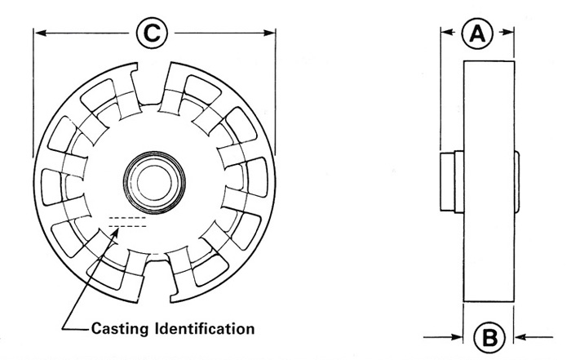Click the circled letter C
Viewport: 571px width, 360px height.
pyautogui.click(x=152, y=33)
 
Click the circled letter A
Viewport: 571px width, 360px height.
pyautogui.click(x=477, y=33)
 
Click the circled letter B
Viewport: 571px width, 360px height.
pyautogui.click(x=489, y=338)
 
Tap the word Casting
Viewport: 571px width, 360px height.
pyautogui.click(x=120, y=329)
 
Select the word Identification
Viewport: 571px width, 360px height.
pyautogui.click(x=205, y=328)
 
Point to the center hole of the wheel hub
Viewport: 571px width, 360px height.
pyautogui.click(x=154, y=183)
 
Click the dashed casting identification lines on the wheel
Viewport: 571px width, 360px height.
pyautogui.click(x=127, y=222)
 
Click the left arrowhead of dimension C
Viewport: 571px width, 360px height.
pyautogui.click(x=41, y=33)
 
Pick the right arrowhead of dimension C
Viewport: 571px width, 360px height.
pyautogui.click(x=269, y=33)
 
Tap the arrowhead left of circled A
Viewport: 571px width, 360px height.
pyautogui.click(x=448, y=32)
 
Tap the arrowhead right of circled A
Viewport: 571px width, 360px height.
pyautogui.click(x=507, y=32)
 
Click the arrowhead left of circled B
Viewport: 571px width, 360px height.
pyautogui.click(x=457, y=337)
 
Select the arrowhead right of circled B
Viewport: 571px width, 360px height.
pyautogui.click(x=520, y=337)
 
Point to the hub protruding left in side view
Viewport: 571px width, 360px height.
pyautogui.click(x=452, y=182)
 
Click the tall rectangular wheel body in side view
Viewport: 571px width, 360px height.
pyautogui.click(x=489, y=181)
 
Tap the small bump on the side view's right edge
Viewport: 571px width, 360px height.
pyautogui.click(x=516, y=181)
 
